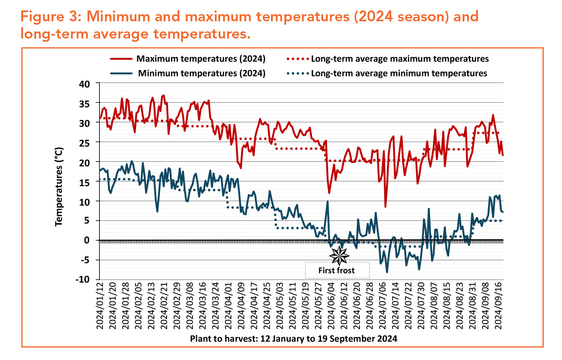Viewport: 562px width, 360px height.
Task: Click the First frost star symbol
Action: tap(339, 256)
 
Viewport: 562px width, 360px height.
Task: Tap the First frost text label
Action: tap(336, 270)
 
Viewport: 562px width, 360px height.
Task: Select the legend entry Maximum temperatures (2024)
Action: tap(201, 59)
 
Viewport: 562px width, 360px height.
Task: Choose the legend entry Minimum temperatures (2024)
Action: tap(201, 73)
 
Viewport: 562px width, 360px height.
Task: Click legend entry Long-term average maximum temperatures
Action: tap(399, 59)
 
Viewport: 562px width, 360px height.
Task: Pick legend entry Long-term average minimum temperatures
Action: tap(399, 73)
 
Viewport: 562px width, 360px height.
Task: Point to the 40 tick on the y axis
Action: tap(85, 84)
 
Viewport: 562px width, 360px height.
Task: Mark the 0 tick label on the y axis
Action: tap(87, 240)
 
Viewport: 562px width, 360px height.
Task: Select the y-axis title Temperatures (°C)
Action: tap(59, 186)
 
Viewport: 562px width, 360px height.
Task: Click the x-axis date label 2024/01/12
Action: tap(100, 305)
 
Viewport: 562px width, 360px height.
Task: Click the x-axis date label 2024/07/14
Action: tap(395, 305)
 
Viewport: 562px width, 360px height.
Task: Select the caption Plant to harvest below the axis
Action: tap(293, 339)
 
